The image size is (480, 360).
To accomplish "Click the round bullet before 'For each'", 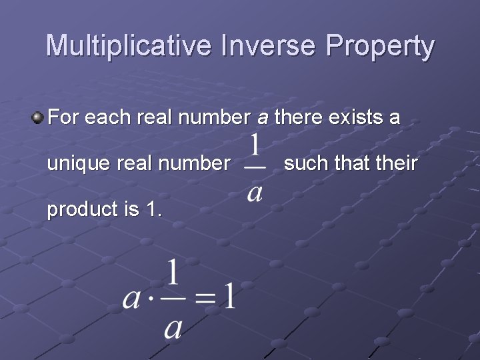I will [38, 119].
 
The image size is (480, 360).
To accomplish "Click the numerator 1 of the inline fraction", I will [255, 146].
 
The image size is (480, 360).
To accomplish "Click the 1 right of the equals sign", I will [228, 294].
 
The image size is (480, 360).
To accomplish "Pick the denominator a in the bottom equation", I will [173, 328].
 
